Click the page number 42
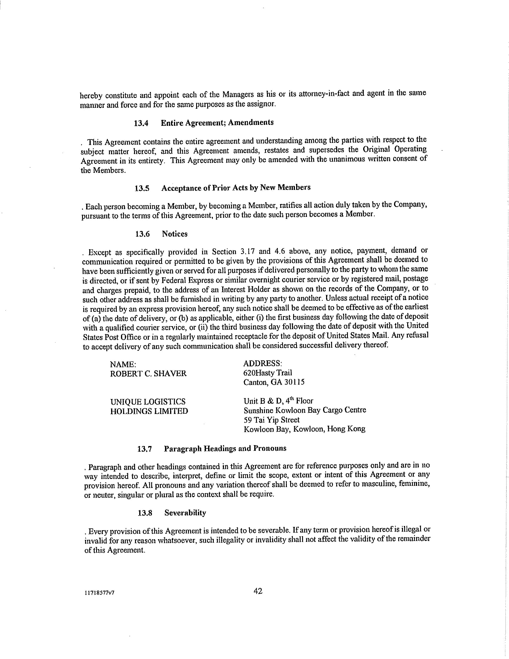point(258,591)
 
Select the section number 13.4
point(141,123)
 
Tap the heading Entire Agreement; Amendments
point(217,123)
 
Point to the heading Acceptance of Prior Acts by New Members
point(236,188)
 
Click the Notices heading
point(175,234)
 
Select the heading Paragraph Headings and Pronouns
point(225,448)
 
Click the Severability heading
point(185,513)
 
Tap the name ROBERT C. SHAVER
point(148,374)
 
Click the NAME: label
point(121,364)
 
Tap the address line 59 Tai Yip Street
point(271,420)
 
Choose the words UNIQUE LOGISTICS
point(148,402)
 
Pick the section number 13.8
point(145,513)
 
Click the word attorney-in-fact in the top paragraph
point(324,94)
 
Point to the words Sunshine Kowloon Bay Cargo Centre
point(305,410)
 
